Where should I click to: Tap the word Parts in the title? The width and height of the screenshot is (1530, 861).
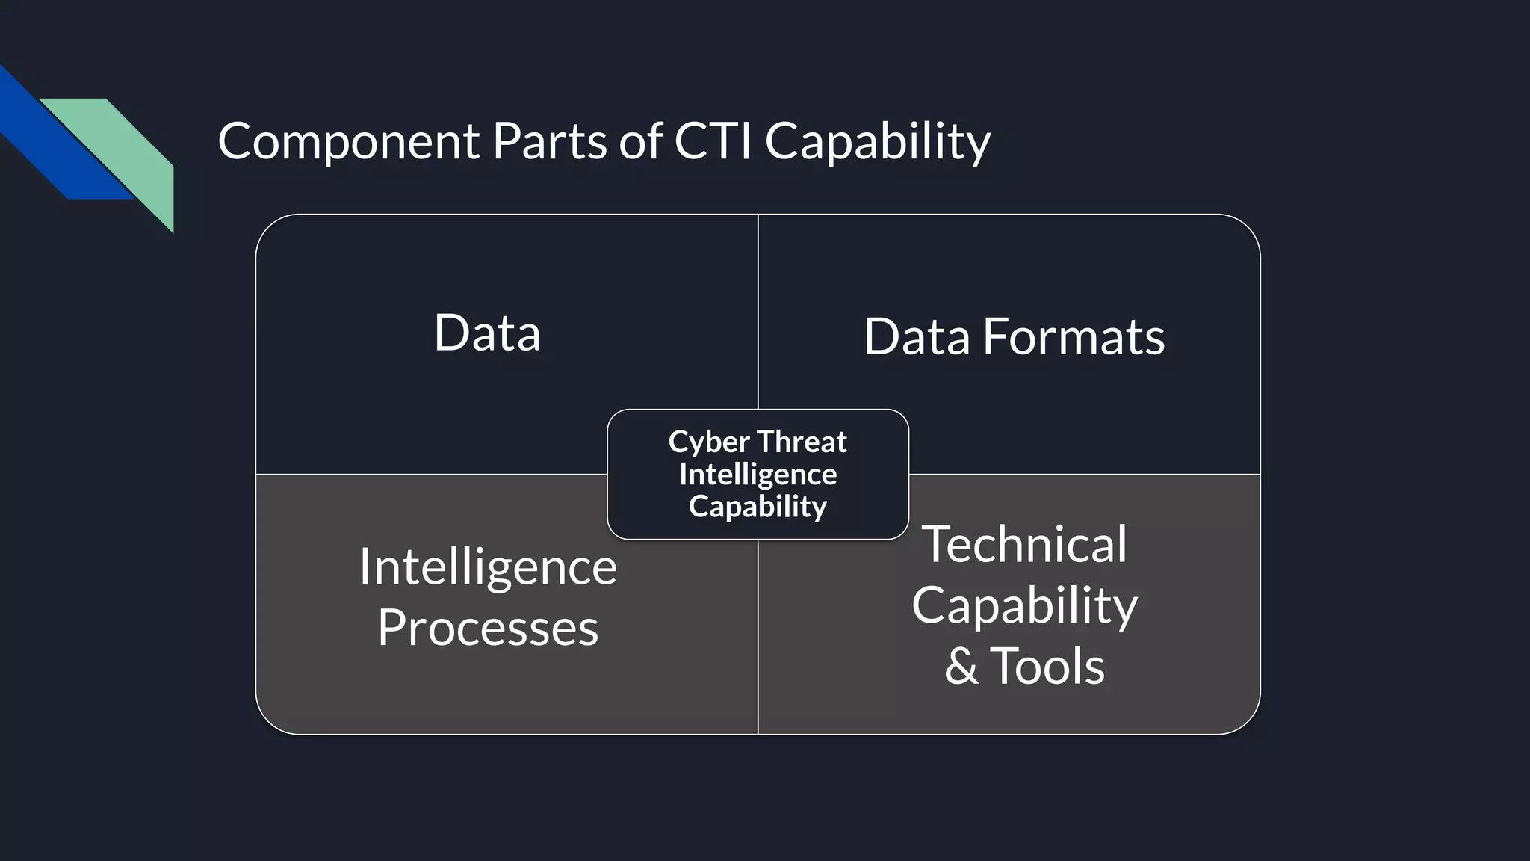pos(549,141)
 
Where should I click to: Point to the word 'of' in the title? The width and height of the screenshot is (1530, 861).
pos(641,141)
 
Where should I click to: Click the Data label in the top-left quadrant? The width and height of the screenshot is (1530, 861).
pos(487,333)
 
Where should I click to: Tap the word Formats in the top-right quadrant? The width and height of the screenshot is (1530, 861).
pos(1074,337)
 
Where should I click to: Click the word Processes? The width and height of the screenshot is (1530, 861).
pos(488,628)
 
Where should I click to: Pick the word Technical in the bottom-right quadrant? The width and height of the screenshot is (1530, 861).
pos(1024,544)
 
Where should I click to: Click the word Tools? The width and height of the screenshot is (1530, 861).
pos(1047,666)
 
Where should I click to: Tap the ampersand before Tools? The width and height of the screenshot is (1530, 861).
pos(961,667)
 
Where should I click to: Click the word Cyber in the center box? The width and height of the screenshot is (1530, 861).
pos(708,442)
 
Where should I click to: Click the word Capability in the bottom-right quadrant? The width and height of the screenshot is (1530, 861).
pos(1024,606)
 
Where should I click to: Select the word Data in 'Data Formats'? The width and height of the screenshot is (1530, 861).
pos(917,337)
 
